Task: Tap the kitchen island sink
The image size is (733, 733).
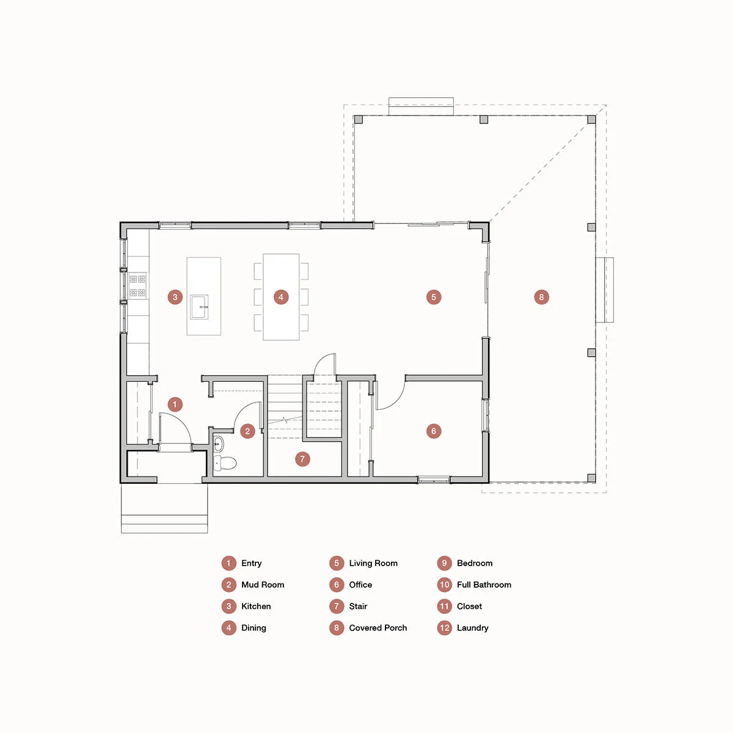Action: pos(199,307)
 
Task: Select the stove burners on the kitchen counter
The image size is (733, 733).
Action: pos(137,285)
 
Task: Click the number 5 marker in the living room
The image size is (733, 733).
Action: pos(434,297)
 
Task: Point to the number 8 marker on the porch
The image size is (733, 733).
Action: pos(541,297)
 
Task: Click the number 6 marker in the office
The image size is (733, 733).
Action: pos(434,431)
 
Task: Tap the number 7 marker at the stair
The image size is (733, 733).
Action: pos(302,459)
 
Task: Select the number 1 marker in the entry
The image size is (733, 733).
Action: pos(175,404)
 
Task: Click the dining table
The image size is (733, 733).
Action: pos(281,297)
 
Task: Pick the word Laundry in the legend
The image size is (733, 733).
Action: pos(472,628)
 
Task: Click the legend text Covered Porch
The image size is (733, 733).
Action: pos(377,628)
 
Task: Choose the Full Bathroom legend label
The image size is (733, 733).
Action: pos(484,585)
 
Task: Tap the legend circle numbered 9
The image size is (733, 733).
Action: pos(444,563)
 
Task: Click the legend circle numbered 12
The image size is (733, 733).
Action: pos(444,628)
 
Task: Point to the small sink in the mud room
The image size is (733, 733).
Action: pos(218,443)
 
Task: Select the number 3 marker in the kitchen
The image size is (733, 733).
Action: pos(175,297)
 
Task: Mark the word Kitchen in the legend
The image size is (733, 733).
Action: pos(256,607)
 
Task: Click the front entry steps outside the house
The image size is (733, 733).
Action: pos(164,508)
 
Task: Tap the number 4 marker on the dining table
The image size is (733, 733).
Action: pos(281,297)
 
